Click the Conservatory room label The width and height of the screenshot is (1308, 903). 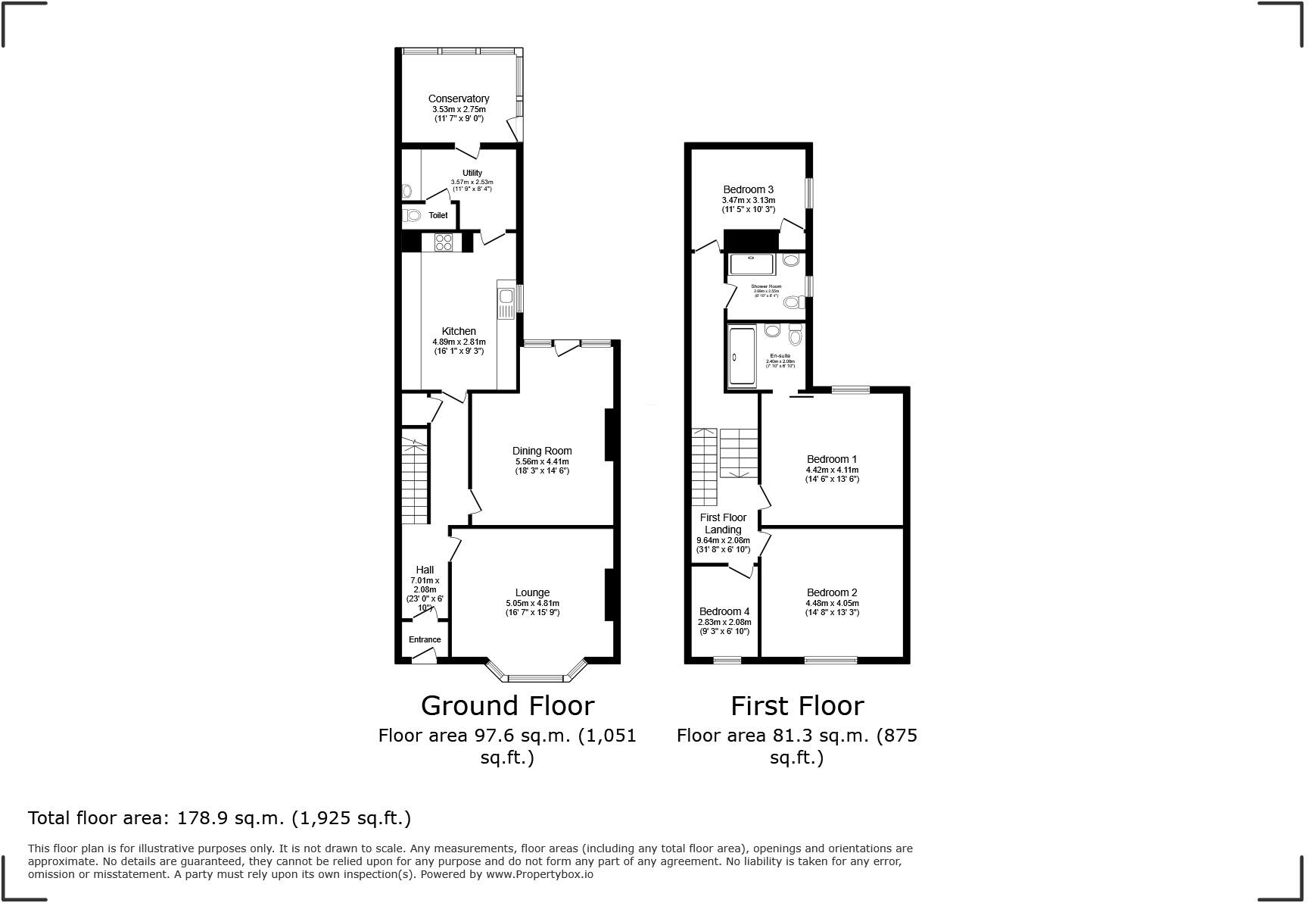pyautogui.click(x=458, y=98)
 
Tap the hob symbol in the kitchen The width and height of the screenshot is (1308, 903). pyautogui.click(x=444, y=242)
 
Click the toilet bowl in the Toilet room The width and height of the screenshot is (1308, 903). pyautogui.click(x=413, y=216)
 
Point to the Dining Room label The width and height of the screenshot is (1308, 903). pyautogui.click(x=542, y=451)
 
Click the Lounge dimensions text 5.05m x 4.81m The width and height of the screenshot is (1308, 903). pyautogui.click(x=532, y=603)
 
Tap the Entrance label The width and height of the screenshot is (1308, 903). pyautogui.click(x=425, y=639)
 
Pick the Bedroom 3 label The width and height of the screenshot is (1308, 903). pyautogui.click(x=748, y=189)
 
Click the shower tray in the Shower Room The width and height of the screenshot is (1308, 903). pyautogui.click(x=751, y=264)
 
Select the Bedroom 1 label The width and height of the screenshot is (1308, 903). pyautogui.click(x=831, y=459)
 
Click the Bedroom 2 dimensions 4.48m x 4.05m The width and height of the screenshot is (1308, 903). pyautogui.click(x=831, y=603)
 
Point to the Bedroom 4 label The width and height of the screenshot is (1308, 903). pyautogui.click(x=724, y=611)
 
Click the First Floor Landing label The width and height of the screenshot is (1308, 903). pyautogui.click(x=723, y=523)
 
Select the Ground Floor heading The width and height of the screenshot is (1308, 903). pyautogui.click(x=507, y=705)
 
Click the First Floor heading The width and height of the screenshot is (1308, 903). pyautogui.click(x=796, y=705)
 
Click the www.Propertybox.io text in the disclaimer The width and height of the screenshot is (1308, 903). pyautogui.click(x=540, y=874)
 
